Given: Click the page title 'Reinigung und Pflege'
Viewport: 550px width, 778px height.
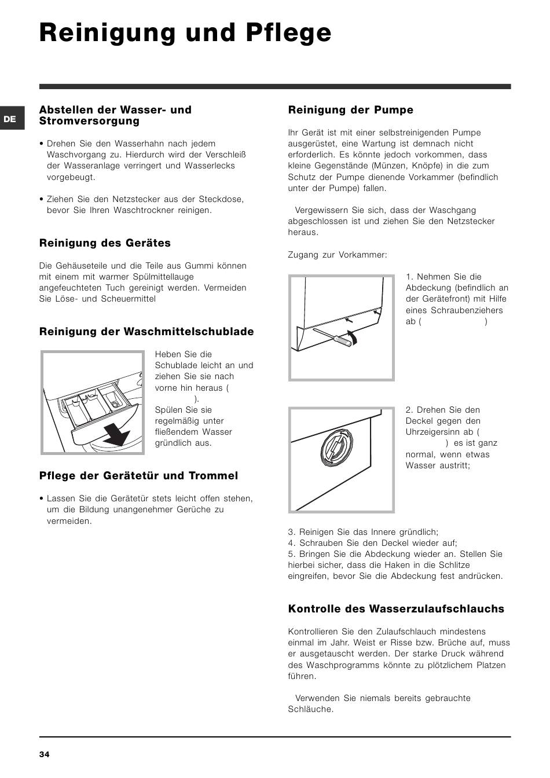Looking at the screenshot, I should click(x=185, y=33).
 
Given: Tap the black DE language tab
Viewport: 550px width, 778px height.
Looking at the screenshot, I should click(x=10, y=119).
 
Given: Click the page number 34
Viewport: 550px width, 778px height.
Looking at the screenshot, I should click(x=45, y=754).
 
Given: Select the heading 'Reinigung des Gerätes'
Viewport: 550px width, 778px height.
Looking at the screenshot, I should click(x=105, y=243).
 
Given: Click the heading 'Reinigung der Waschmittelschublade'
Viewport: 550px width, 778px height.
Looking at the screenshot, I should click(x=146, y=332).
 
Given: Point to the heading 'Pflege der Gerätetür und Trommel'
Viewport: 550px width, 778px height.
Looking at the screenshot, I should click(x=138, y=476).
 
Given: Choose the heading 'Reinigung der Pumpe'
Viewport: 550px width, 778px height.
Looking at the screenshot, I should click(x=350, y=110).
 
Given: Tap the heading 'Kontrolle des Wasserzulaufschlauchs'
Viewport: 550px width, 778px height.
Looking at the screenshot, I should click(x=396, y=609).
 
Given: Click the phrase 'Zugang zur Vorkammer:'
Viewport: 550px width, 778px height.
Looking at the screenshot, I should click(x=338, y=255).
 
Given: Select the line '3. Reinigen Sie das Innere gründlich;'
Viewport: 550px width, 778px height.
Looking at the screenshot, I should click(x=363, y=532).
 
